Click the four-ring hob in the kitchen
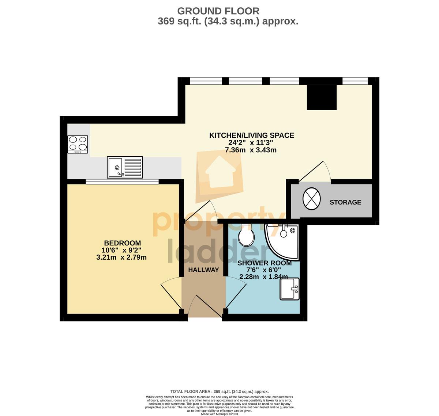[78, 144]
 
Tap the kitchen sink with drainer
[125, 167]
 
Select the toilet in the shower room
[246, 235]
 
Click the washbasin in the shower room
[290, 289]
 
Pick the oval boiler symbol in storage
[311, 199]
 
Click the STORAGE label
[345, 202]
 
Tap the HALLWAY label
[203, 270]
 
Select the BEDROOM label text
[123, 243]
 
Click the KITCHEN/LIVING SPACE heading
[252, 136]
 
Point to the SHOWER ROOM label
[264, 263]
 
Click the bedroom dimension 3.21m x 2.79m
[121, 257]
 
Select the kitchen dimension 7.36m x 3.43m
[251, 150]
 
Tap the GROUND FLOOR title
[218, 11]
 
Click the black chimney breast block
[322, 97]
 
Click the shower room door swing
[236, 292]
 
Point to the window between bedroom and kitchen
[122, 182]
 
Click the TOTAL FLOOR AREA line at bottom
[219, 391]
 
